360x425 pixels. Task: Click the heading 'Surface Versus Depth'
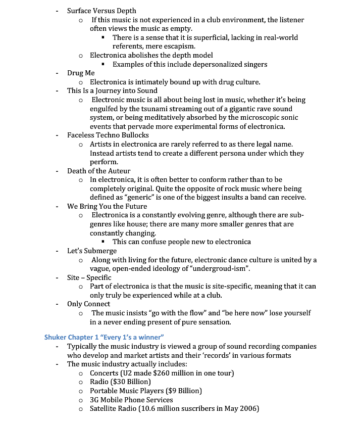point(101,11)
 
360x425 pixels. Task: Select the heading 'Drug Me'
point(81,73)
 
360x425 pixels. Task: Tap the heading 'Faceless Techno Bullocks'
point(108,135)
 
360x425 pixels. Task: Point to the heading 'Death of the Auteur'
point(98,171)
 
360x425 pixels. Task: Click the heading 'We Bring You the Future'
point(107,206)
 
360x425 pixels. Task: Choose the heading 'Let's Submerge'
point(92,251)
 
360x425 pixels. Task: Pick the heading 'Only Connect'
point(88,304)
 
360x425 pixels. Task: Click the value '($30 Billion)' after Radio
point(130,382)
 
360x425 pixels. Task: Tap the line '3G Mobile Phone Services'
point(131,400)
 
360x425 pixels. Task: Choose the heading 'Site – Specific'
point(89,277)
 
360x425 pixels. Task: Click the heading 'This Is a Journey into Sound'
point(112,90)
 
